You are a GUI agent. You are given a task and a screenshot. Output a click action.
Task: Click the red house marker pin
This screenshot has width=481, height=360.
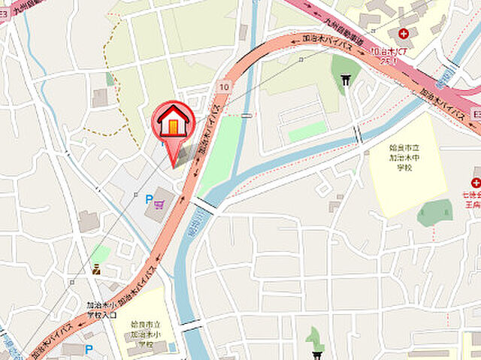tap(174, 123)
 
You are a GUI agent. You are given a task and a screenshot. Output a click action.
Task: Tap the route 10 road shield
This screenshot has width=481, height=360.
tap(224, 87)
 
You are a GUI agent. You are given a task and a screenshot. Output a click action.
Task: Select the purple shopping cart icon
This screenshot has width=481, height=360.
tap(159, 201)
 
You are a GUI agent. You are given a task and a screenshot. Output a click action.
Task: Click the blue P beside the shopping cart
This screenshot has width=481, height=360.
tap(149, 200)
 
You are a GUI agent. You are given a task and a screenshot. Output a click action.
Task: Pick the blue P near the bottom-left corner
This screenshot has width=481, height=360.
tap(89, 348)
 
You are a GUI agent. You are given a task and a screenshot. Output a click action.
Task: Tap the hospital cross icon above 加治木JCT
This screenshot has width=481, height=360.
tap(404, 34)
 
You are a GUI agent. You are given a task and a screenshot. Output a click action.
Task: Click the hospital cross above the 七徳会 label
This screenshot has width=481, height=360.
tap(476, 183)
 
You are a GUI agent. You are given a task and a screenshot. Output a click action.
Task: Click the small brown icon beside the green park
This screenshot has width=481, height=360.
tap(95, 269)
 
